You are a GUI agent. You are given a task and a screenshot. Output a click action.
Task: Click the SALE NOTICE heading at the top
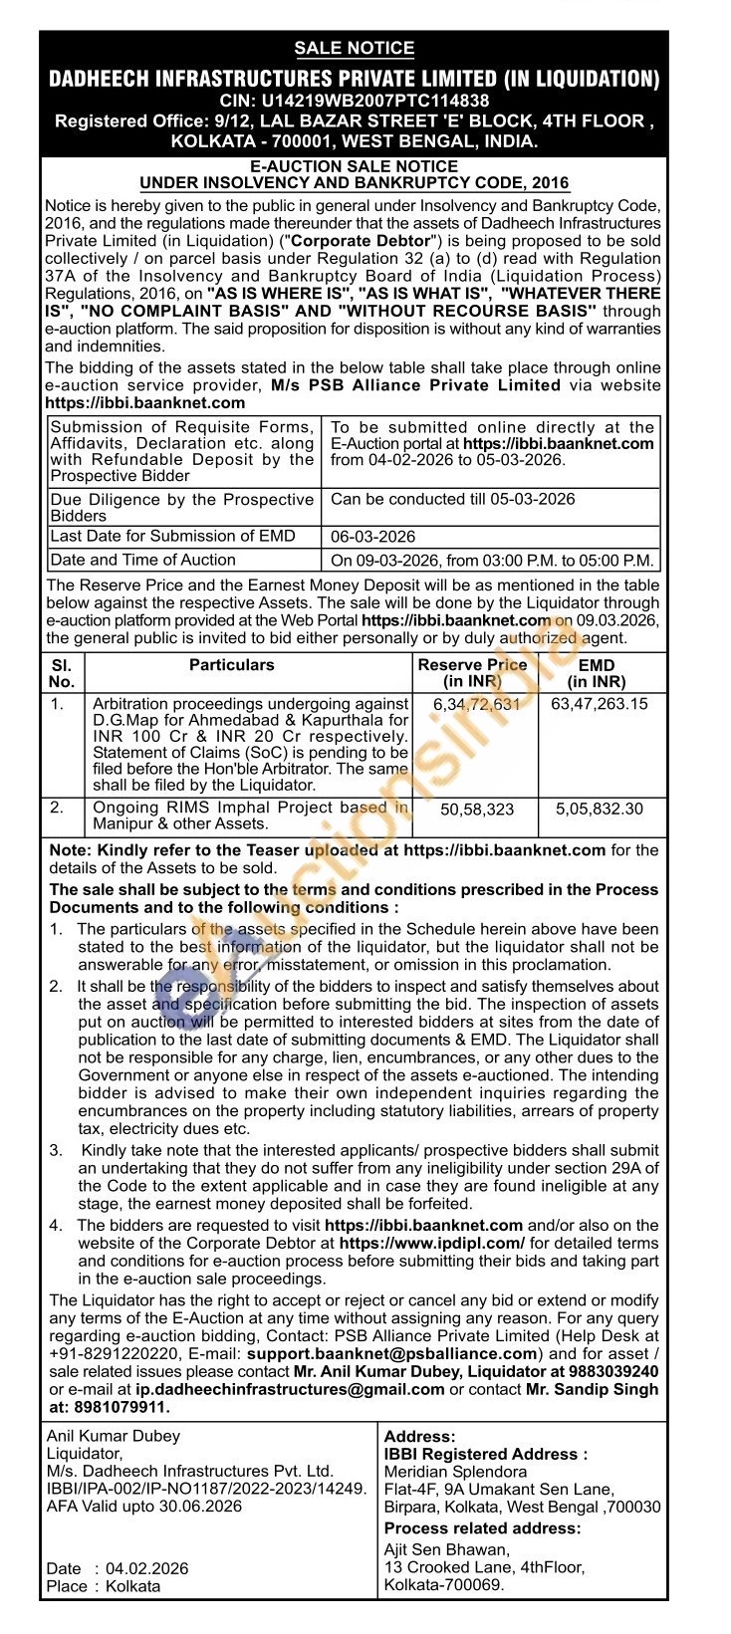tap(355, 48)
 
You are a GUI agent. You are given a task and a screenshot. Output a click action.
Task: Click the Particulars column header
tap(232, 664)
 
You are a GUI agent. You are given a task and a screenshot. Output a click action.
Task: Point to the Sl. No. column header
tap(61, 673)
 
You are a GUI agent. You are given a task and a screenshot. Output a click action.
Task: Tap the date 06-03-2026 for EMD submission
tap(373, 537)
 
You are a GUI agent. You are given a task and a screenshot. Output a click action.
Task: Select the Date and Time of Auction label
tap(142, 560)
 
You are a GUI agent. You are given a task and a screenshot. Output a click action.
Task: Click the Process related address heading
tap(482, 1528)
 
